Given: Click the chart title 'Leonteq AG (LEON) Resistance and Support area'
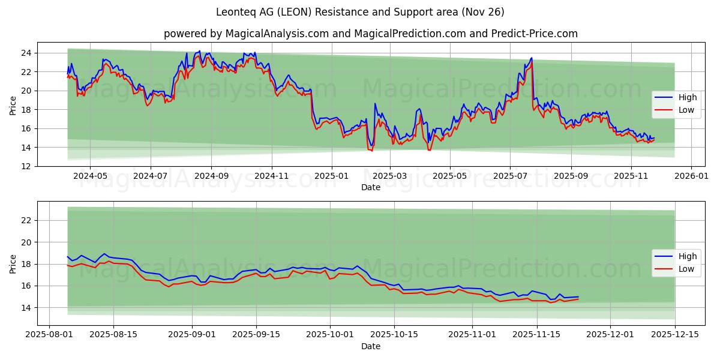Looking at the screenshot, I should coord(360,12).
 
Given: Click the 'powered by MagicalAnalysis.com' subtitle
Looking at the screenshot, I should coord(371,34).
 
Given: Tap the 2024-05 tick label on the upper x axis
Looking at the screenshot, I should coord(90,177).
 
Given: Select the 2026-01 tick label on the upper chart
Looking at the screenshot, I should coord(692,177).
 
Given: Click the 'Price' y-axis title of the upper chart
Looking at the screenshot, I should coord(13,104).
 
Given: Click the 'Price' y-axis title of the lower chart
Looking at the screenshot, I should coord(13,263).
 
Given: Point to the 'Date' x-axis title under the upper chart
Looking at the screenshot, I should coord(370,187).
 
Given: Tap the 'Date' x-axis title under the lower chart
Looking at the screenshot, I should coord(370,346).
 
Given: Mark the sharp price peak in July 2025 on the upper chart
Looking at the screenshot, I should coord(531,58).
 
